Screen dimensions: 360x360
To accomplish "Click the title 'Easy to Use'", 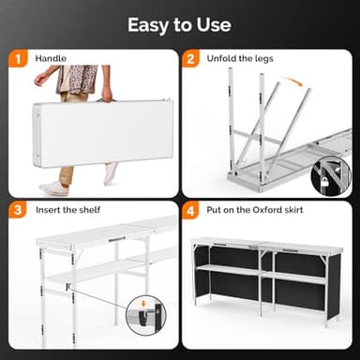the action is (179, 25).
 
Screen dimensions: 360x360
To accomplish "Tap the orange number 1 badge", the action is (18, 58).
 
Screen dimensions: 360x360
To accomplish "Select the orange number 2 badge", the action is (191, 58).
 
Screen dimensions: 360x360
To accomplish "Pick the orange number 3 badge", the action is (18, 210).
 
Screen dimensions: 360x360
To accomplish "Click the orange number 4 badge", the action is (191, 211).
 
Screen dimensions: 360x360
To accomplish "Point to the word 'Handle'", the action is (51, 58).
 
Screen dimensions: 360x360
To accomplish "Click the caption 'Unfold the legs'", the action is (240, 59).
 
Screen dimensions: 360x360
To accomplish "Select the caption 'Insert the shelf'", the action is (67, 210).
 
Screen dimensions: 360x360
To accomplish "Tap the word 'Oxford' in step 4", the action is (265, 210).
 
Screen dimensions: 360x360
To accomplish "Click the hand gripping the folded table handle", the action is (107, 95).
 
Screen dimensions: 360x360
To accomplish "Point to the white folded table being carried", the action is (102, 133).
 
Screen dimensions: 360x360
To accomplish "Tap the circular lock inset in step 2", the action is (331, 175).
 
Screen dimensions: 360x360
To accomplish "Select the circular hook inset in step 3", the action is (146, 316).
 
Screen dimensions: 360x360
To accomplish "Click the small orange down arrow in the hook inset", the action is (143, 304).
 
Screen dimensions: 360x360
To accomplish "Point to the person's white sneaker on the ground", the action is (53, 188).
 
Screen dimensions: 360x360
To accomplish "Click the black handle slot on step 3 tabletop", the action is (117, 239).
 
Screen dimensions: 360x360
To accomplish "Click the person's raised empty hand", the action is (39, 80).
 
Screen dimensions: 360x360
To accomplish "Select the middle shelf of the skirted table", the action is (261, 272).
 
